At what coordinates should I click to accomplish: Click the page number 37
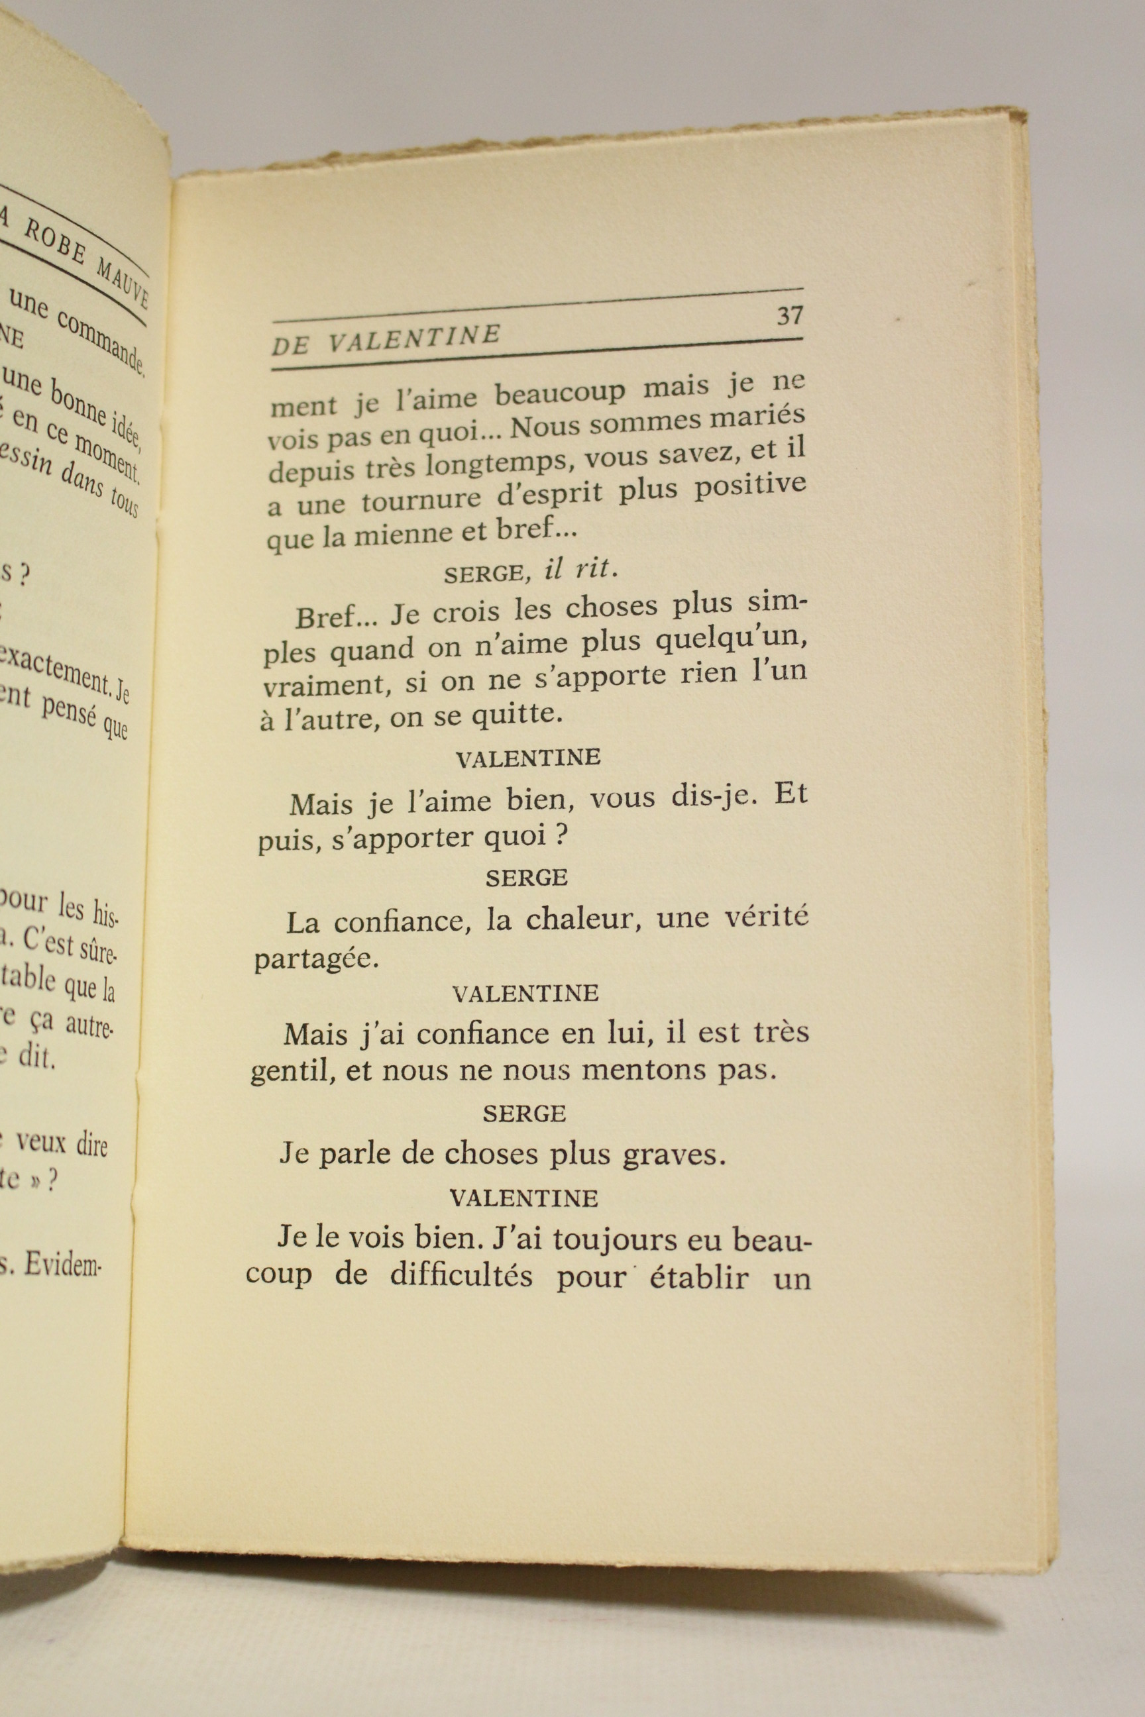[x=789, y=315]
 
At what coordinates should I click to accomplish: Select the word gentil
[x=287, y=1072]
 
